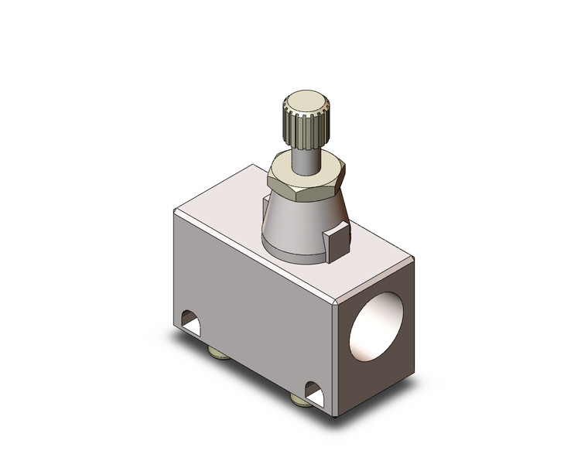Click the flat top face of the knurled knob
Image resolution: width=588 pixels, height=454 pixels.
305,100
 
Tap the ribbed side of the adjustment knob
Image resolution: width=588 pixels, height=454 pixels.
305,130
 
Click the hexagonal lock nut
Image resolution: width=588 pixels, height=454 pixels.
306,183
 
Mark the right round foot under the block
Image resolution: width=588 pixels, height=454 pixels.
299,400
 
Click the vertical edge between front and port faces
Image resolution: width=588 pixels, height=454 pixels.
334,356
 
